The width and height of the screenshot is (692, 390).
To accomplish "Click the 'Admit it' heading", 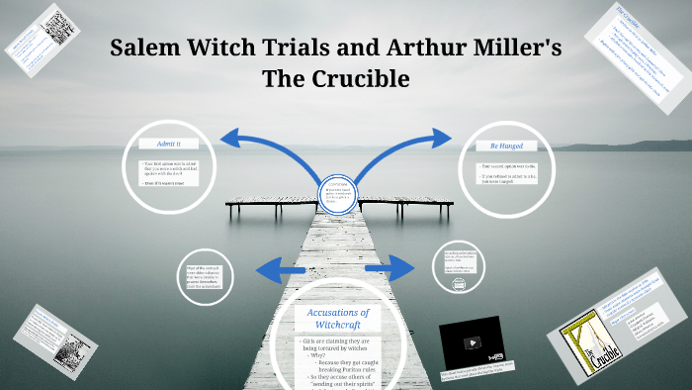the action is [x=170, y=145].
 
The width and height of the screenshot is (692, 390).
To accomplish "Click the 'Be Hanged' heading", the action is [x=505, y=145].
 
